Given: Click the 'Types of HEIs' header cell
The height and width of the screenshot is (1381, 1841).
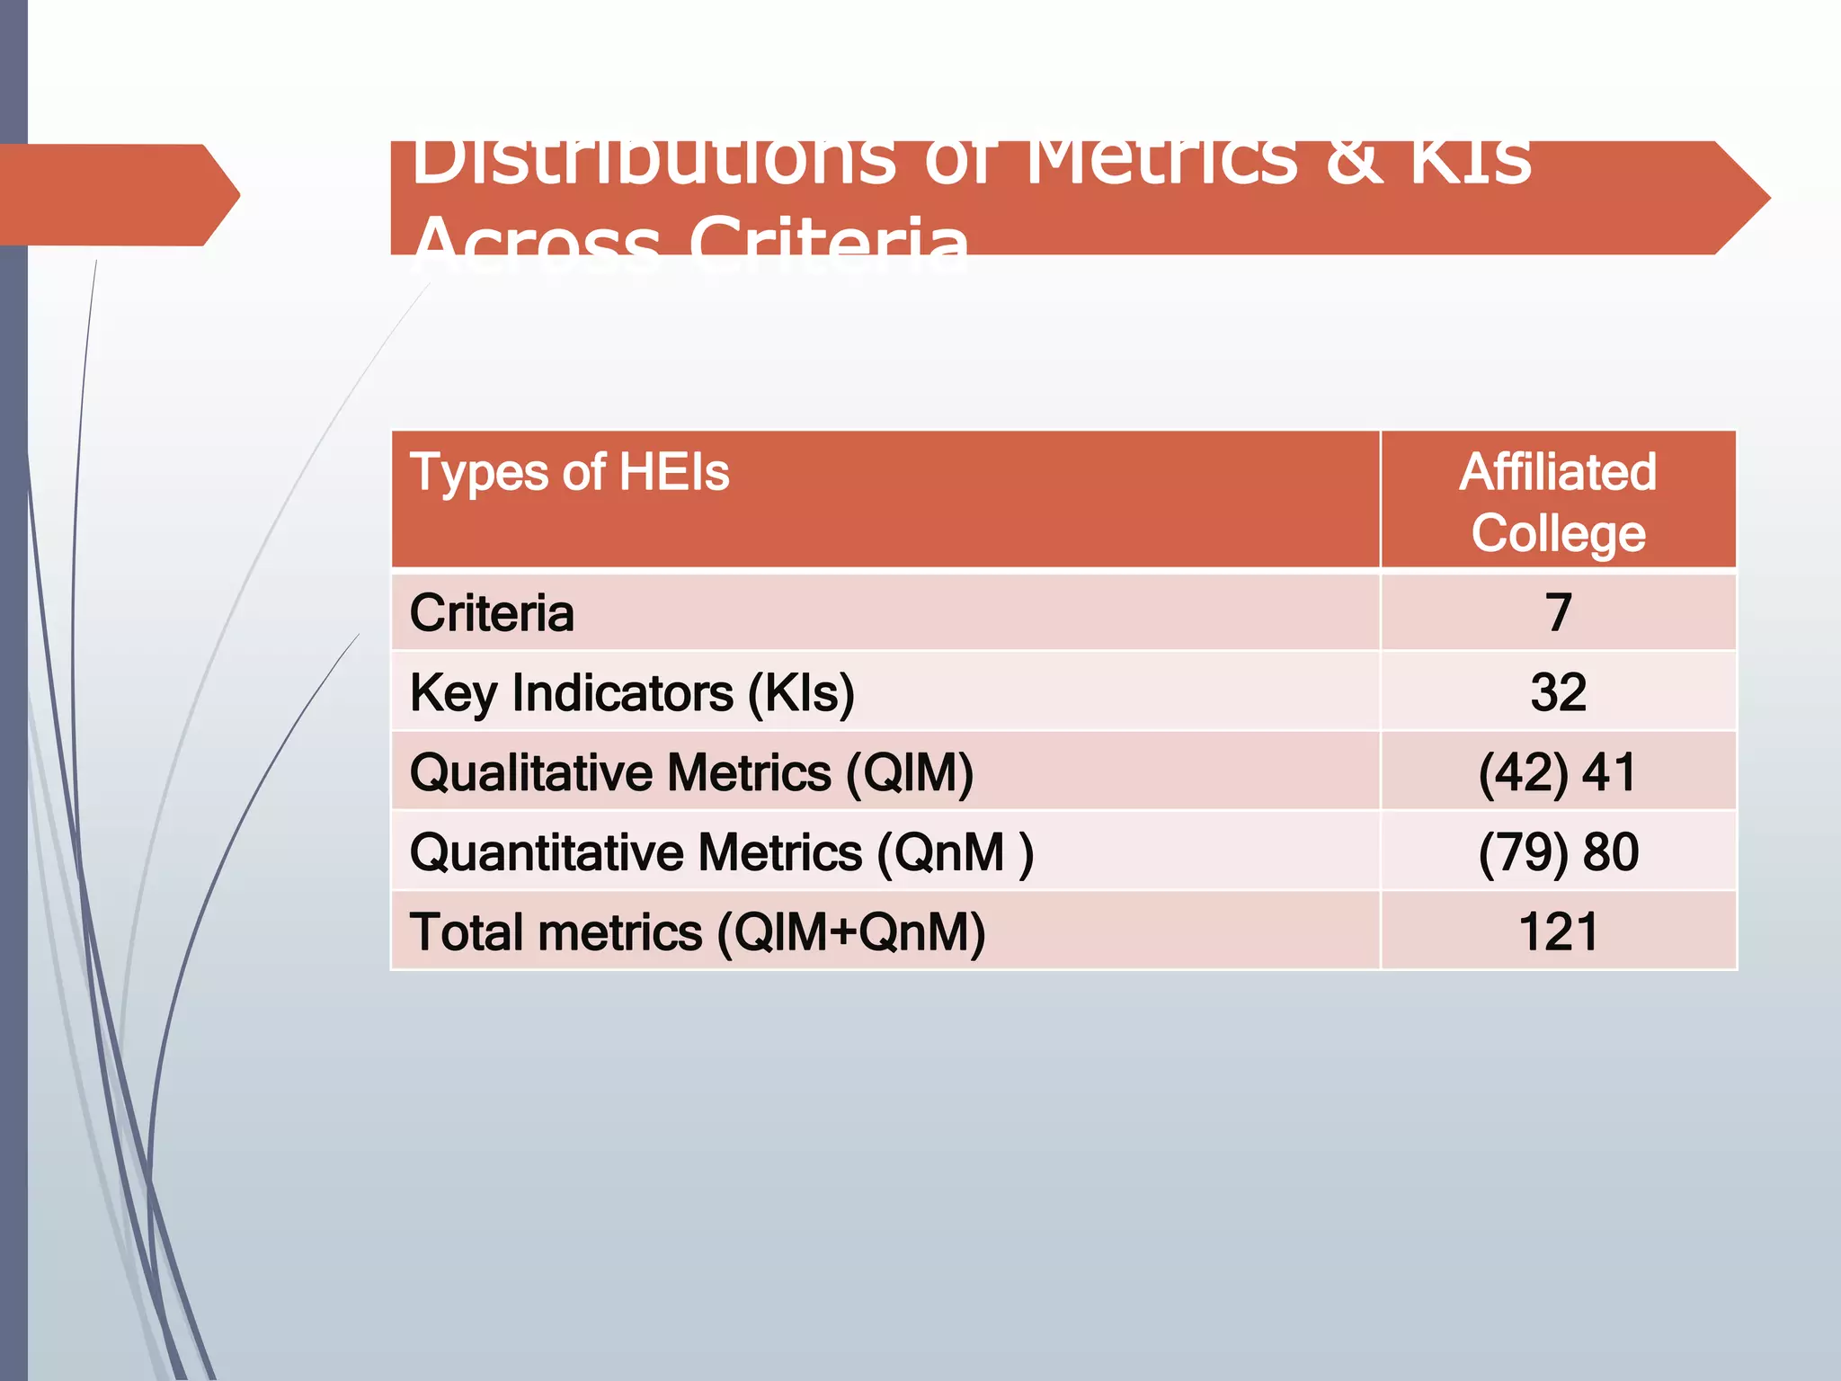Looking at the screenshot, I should pyautogui.click(x=569, y=473).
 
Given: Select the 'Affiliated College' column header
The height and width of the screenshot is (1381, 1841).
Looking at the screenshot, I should pyautogui.click(x=1558, y=502).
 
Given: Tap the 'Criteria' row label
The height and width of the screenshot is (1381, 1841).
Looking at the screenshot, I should pyautogui.click(x=492, y=613).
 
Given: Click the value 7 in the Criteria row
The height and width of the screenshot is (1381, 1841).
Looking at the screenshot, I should pyautogui.click(x=1558, y=613).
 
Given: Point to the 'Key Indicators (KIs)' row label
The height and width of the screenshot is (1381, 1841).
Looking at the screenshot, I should pyautogui.click(x=632, y=693).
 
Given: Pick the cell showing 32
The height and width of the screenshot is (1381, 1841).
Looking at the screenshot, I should pyautogui.click(x=1558, y=693).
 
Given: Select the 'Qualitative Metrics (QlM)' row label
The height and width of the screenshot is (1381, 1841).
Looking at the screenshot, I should pyautogui.click(x=691, y=773).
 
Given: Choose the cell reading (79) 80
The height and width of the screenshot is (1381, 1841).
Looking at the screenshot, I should pyautogui.click(x=1558, y=852).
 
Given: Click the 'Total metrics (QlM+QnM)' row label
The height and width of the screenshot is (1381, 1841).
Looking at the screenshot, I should pyautogui.click(x=698, y=932).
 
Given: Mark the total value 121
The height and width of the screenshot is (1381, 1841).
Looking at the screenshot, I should pyautogui.click(x=1558, y=932).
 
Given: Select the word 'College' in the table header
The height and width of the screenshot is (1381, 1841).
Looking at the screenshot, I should pyautogui.click(x=1558, y=534).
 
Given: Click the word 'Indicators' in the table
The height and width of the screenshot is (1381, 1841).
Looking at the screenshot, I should pyautogui.click(x=622, y=693).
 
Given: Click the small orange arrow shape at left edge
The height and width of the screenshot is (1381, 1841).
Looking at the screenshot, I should pyautogui.click(x=117, y=194).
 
